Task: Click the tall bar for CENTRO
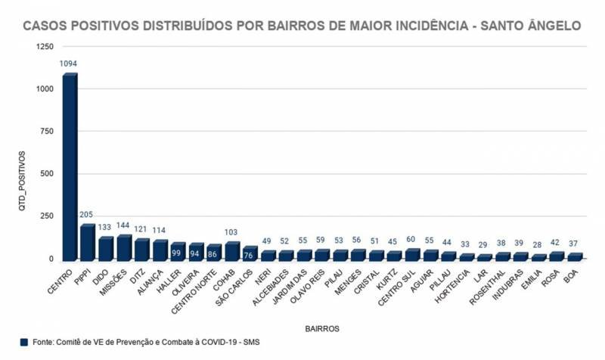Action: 70,166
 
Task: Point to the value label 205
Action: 88,215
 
